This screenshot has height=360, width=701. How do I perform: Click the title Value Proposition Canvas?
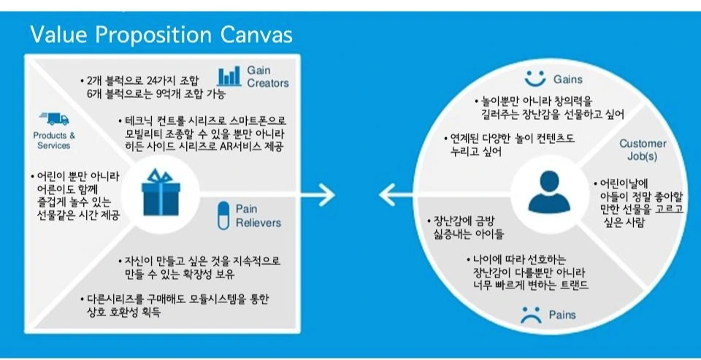coord(161,34)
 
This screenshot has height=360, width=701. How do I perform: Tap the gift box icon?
coord(159,192)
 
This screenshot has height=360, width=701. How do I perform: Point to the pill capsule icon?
coord(223,215)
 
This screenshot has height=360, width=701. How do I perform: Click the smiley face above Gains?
coord(536,78)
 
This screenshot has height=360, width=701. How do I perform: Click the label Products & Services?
coord(54,140)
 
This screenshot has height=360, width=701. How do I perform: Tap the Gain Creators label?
coord(267,76)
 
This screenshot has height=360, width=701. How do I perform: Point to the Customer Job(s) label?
coord(637,150)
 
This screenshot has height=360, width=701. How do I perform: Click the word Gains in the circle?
coord(567,79)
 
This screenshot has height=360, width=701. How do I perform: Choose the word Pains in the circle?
coord(561,315)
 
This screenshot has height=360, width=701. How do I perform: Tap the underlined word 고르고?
coord(669,209)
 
